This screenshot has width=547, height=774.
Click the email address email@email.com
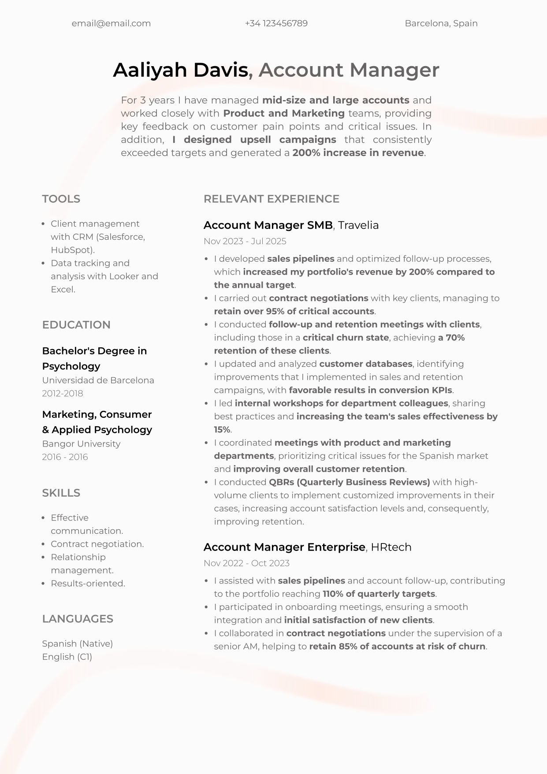click(111, 23)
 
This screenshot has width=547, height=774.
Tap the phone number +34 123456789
click(276, 23)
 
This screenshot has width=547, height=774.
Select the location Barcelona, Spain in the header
click(441, 23)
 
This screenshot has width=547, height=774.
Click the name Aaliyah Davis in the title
click(181, 70)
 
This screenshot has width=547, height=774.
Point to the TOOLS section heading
click(61, 199)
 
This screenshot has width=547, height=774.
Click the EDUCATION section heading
click(76, 325)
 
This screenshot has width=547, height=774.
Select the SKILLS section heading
click(61, 493)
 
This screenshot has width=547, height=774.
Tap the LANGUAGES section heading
click(78, 619)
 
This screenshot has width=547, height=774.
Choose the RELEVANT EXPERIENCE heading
click(272, 199)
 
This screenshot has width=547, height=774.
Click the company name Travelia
click(358, 225)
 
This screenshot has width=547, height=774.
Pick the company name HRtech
click(391, 547)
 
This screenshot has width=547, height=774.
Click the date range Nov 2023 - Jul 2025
click(245, 241)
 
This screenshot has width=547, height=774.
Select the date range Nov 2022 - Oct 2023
click(246, 563)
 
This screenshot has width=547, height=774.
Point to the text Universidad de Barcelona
click(98, 380)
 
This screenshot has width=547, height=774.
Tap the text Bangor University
click(81, 443)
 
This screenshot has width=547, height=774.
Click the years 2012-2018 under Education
click(63, 393)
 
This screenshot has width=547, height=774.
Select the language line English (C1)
click(67, 657)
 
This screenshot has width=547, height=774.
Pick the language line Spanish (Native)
click(78, 644)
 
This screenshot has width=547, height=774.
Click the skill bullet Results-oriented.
click(88, 583)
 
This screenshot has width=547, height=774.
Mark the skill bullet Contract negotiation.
click(97, 544)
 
